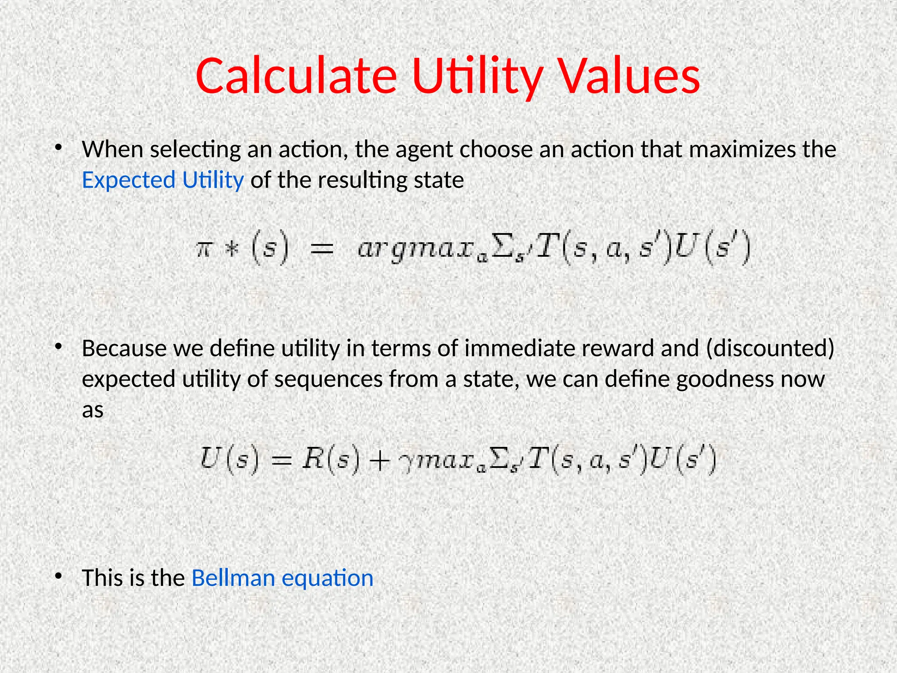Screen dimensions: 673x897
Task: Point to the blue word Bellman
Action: [x=233, y=577]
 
